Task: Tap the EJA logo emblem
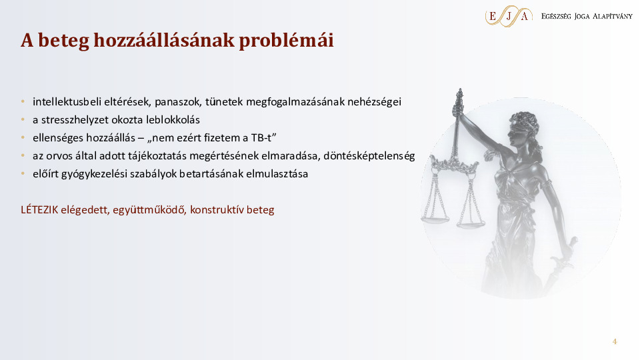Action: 508,15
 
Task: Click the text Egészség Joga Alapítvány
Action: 587,15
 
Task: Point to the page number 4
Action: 615,342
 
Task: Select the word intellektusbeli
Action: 64,102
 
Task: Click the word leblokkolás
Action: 173,120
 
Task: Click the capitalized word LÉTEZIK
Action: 39,209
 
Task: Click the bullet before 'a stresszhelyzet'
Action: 23,120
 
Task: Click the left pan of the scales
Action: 435,217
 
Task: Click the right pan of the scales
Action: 470,225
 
